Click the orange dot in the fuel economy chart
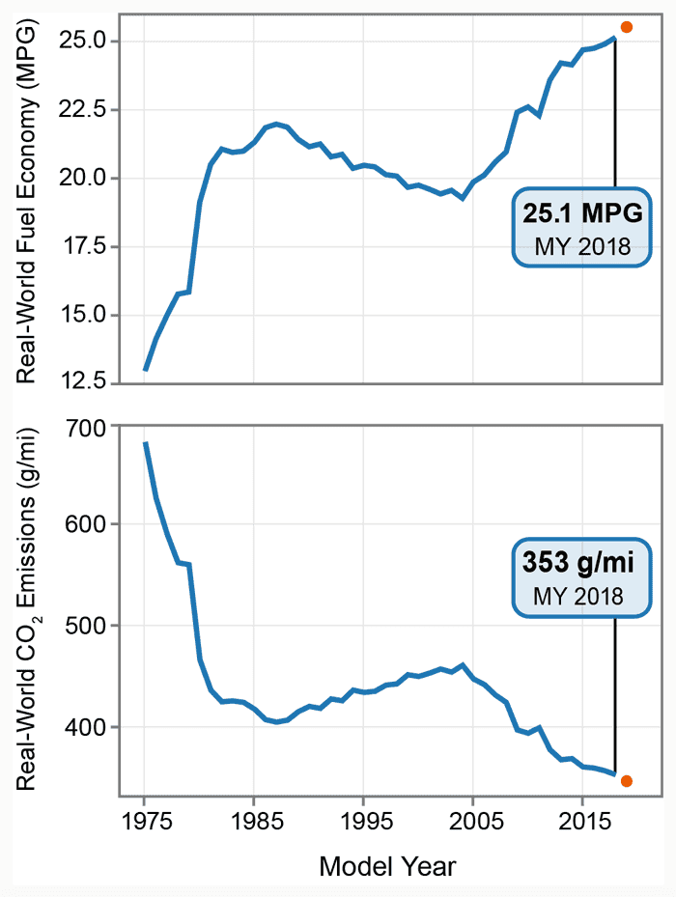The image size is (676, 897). click(627, 27)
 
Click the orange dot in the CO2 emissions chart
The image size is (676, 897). click(627, 781)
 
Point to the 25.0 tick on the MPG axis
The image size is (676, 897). click(82, 42)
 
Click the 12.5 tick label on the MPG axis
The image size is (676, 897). click(82, 383)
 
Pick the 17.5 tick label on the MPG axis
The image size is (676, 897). click(82, 246)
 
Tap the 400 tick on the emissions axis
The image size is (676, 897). click(89, 727)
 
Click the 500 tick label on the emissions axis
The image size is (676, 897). click(89, 626)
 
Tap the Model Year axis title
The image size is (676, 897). click(387, 866)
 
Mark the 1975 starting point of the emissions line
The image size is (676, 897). click(145, 443)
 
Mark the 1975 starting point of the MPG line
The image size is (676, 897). click(145, 369)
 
